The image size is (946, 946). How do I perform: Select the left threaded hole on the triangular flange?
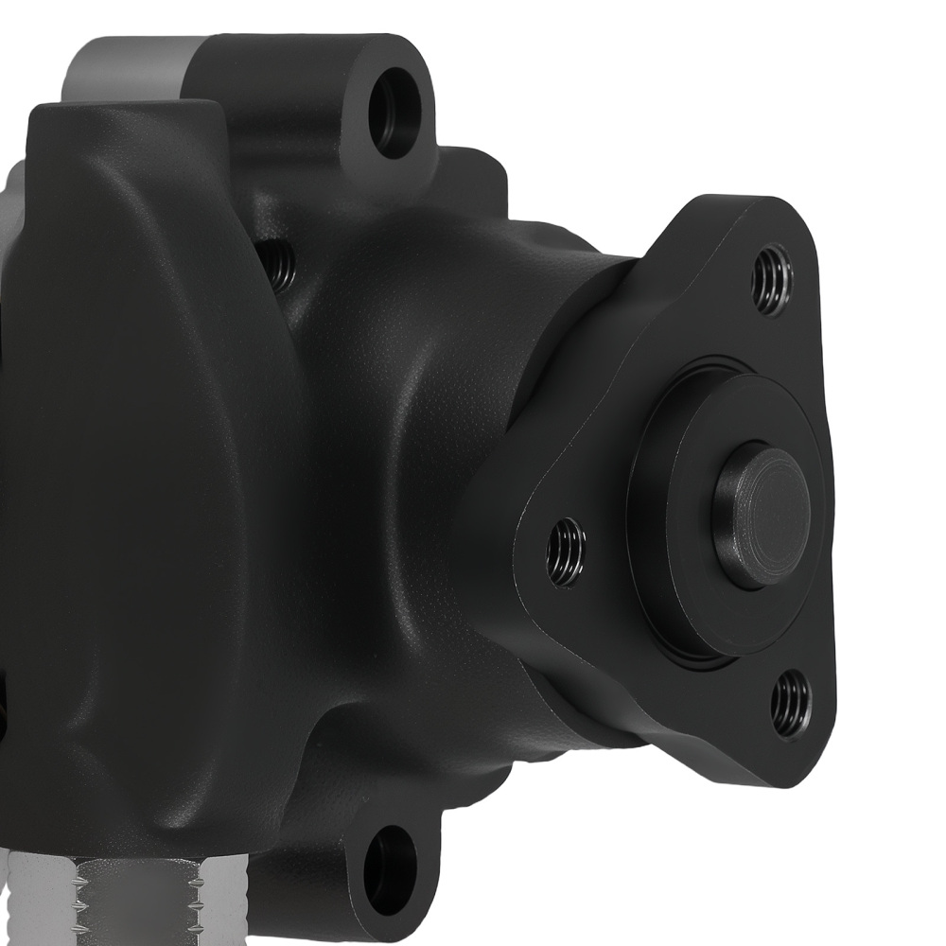[x=567, y=552]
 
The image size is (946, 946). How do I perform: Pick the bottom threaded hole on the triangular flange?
[x=790, y=703]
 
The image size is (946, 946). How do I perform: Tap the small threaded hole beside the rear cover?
[x=275, y=265]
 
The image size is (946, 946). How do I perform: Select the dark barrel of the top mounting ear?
[x=284, y=104]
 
